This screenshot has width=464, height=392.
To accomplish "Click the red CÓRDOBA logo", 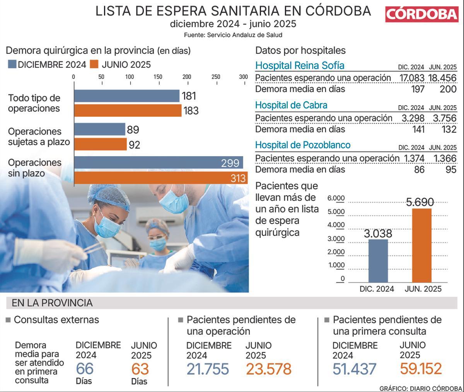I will click(421, 14).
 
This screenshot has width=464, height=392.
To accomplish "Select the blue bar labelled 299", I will click(158, 163).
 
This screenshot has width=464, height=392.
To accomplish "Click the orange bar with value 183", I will click(127, 111).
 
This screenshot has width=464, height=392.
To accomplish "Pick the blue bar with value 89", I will click(99, 129).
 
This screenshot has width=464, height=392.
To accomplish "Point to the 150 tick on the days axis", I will click(158, 77).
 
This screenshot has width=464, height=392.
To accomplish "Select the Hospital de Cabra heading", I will click(291, 105).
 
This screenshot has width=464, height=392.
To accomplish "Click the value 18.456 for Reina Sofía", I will click(442, 78).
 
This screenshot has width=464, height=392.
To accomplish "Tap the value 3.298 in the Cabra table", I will click(413, 118).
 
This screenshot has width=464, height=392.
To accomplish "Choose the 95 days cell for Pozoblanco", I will click(451, 169).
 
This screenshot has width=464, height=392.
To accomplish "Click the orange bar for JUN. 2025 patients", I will click(421, 245).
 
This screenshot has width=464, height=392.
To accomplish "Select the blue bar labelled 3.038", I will click(378, 261).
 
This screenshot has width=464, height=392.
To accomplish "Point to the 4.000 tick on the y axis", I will click(336, 225).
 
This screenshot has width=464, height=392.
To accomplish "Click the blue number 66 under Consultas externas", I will click(84, 369).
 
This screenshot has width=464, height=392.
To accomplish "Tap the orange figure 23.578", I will click(268, 369).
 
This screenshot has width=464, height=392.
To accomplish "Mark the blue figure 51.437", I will click(354, 369).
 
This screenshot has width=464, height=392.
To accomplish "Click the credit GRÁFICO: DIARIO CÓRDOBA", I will click(420, 388).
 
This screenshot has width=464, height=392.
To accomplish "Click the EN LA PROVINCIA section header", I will click(52, 303).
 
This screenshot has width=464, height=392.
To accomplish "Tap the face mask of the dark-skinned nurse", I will click(108, 227).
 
